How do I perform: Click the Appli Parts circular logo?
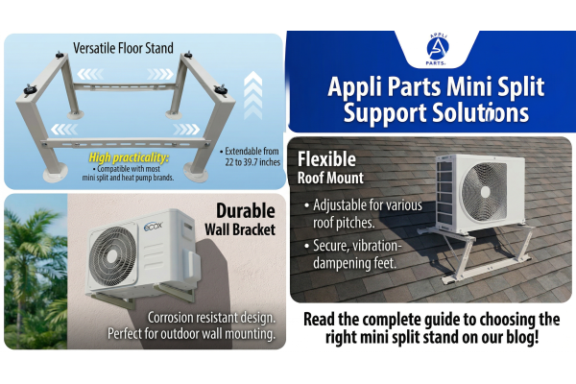pos(437,50)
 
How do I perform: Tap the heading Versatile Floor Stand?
pos(123,48)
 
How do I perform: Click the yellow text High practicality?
pos(129,157)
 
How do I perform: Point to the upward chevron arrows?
pos(253,96)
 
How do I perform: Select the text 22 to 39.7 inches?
pos(252,162)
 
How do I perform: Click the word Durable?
pos(246,211)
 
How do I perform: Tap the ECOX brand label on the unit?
pos(154,226)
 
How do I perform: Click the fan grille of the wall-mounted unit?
pos(113,256)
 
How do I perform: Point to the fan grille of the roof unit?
pos(484,191)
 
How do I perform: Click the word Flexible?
pos(326,159)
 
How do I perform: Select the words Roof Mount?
pos(330,178)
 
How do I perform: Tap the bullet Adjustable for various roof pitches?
pos(364,214)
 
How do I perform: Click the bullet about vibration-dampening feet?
pos(353,254)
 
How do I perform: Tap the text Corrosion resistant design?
pos(211,318)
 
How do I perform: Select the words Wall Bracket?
pos(240,229)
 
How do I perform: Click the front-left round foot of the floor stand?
pos(55,174)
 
